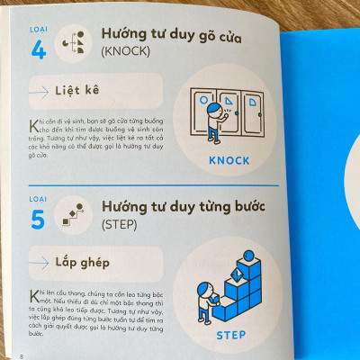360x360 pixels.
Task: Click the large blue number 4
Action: tap(39, 49)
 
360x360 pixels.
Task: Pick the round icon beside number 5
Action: tap(74, 214)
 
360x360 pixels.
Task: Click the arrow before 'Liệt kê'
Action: tap(41, 91)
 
